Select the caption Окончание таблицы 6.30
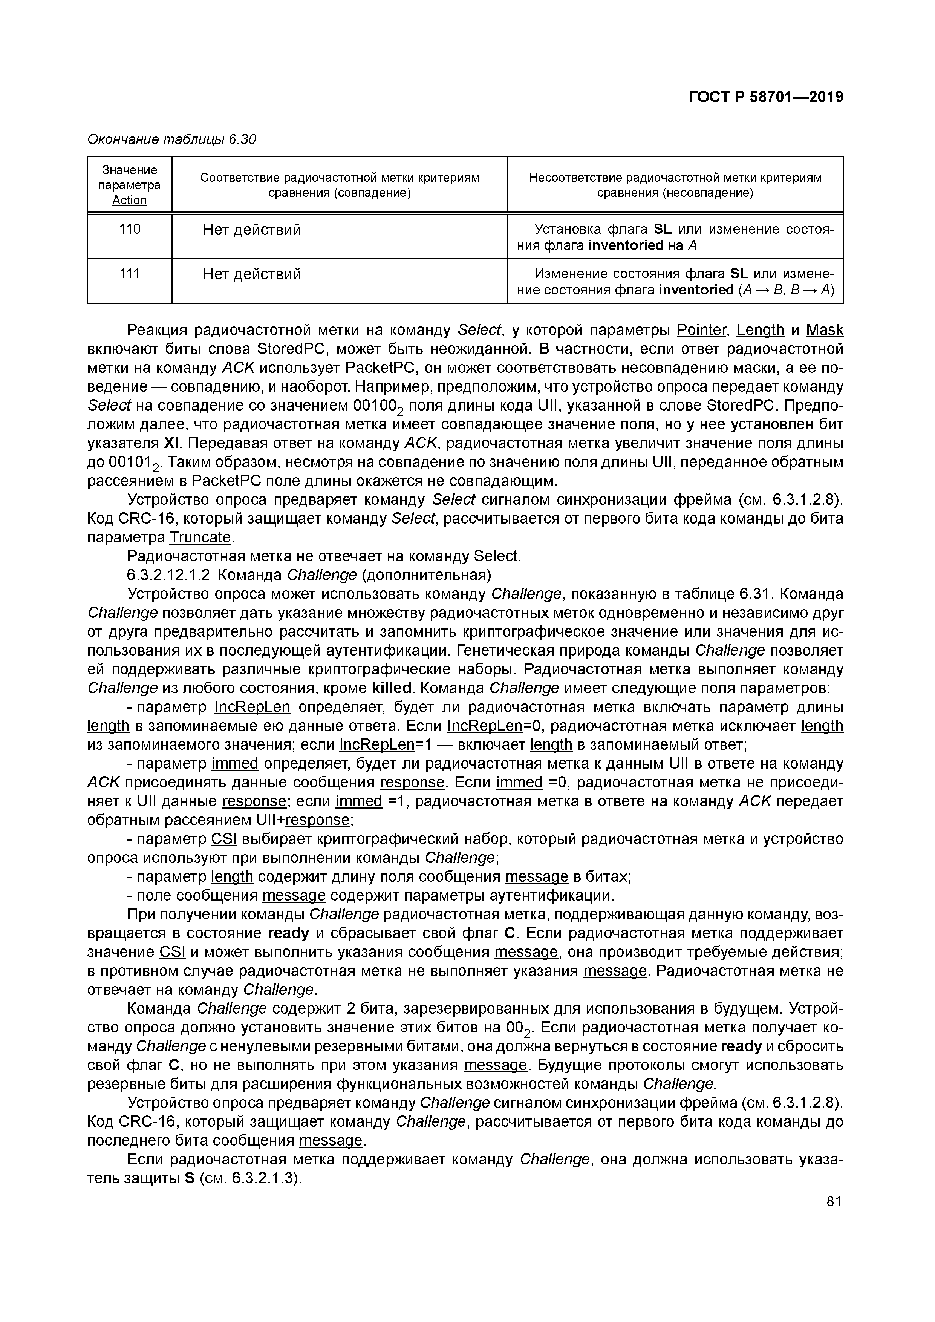coord(171,139)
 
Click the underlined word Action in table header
coord(130,201)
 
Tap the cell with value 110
coord(130,230)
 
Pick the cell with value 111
coord(130,274)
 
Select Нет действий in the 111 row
coord(252,274)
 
